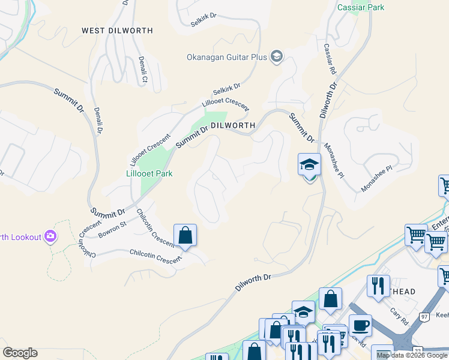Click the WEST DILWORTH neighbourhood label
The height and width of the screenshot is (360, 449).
[117, 31]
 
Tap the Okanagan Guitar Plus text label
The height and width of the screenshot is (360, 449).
[227, 57]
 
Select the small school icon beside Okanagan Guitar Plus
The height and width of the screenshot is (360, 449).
[277, 57]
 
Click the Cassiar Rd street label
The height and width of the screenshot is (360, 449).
[330, 59]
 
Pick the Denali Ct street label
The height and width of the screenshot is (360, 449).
[143, 67]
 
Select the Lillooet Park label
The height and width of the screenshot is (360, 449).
[149, 173]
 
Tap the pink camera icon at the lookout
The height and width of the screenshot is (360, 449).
[50, 236]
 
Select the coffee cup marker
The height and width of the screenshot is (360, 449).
[360, 325]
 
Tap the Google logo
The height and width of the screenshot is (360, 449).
[20, 353]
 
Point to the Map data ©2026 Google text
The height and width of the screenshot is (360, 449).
[412, 355]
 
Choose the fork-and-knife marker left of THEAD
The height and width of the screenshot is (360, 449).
[379, 286]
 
